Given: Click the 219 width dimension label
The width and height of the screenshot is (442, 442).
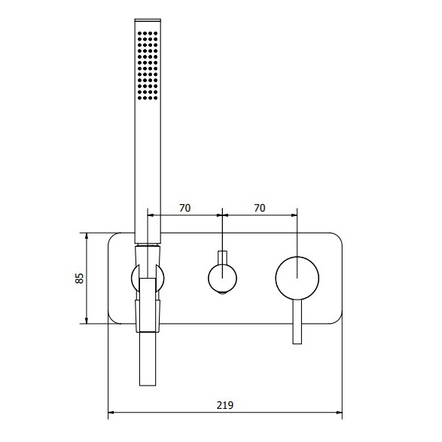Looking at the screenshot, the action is [x=225, y=405].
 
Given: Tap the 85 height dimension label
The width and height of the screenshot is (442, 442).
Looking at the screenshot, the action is [x=80, y=278].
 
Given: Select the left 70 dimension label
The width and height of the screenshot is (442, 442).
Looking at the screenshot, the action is [x=185, y=208].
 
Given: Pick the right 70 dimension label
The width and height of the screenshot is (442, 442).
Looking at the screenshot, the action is [x=260, y=208].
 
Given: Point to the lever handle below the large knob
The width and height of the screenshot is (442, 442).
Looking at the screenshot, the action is [x=297, y=322].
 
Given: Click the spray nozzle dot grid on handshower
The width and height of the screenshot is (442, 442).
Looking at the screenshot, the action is [x=148, y=66].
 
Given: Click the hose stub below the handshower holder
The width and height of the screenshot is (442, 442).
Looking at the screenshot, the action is [x=148, y=359].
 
